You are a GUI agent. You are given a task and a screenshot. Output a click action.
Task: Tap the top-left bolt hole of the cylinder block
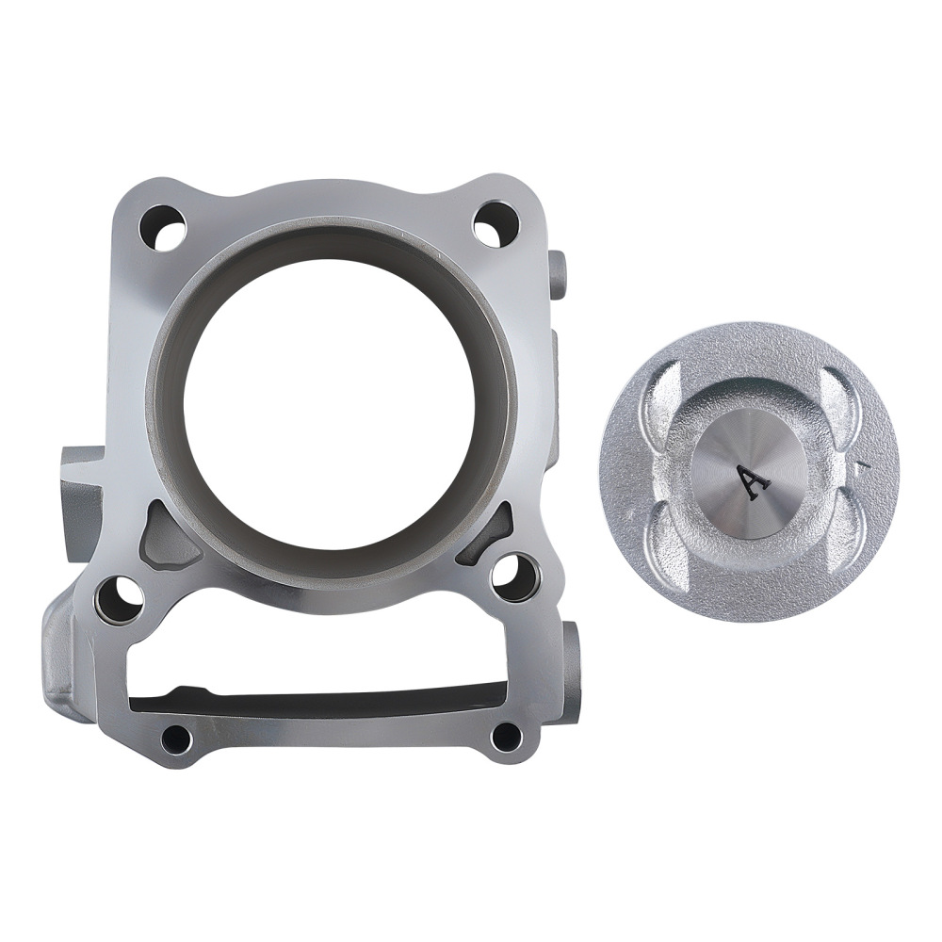click(x=161, y=227)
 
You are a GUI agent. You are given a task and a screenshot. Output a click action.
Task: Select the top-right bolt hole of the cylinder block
click(x=495, y=223)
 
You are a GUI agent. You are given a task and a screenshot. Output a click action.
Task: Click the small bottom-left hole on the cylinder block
click(x=175, y=738)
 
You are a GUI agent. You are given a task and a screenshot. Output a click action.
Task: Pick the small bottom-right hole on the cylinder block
click(x=506, y=736)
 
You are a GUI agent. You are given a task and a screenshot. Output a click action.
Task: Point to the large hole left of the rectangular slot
click(x=119, y=599)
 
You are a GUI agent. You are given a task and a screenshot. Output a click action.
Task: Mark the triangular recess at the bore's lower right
click(x=486, y=537)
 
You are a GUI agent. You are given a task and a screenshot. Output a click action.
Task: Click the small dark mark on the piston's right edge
click(x=859, y=463)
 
